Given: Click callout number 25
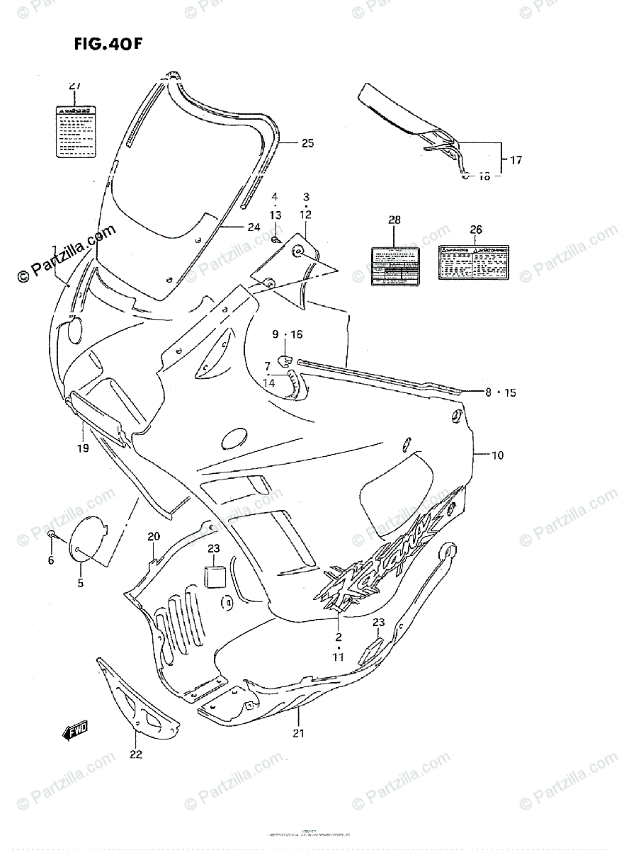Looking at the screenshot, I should tap(307, 143).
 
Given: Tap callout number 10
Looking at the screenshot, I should tap(496, 455).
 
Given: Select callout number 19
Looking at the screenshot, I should tap(83, 448).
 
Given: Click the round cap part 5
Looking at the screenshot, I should tap(91, 540).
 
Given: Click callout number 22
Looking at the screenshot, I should tap(136, 754).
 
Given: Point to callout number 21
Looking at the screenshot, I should tap(298, 733).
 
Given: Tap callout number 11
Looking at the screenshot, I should tap(339, 657).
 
